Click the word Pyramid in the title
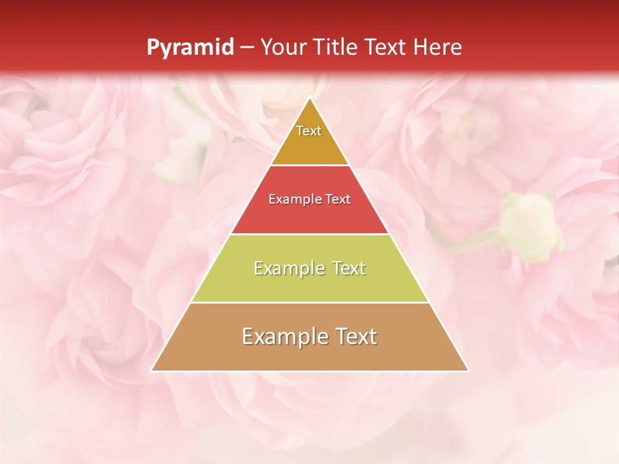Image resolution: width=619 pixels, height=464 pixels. [190, 48]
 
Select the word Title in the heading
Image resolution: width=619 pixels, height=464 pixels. [336, 47]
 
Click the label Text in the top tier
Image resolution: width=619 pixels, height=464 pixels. [309, 131]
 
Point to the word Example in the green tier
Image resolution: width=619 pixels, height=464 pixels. [288, 268]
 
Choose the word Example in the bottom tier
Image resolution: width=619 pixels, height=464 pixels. [281, 336]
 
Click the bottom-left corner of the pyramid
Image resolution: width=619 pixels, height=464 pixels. [152, 371]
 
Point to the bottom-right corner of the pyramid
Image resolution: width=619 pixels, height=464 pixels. [468, 371]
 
